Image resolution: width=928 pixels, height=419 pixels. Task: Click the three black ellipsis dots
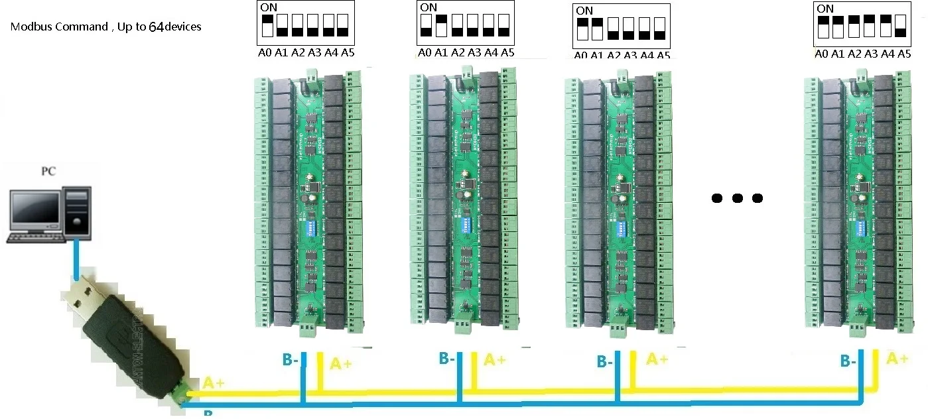point(736,198)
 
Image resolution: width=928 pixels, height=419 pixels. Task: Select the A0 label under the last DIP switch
point(822,54)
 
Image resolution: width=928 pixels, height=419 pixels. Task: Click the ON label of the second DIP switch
point(429,8)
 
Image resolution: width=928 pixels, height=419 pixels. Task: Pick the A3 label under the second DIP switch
point(474,53)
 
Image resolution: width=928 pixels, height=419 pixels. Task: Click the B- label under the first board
point(293,359)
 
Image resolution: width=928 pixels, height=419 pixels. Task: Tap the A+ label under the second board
point(495,360)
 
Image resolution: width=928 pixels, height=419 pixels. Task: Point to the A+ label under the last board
point(897,359)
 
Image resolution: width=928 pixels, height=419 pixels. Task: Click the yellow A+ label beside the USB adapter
point(214,383)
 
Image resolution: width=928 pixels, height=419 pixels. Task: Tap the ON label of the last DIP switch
point(826,9)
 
